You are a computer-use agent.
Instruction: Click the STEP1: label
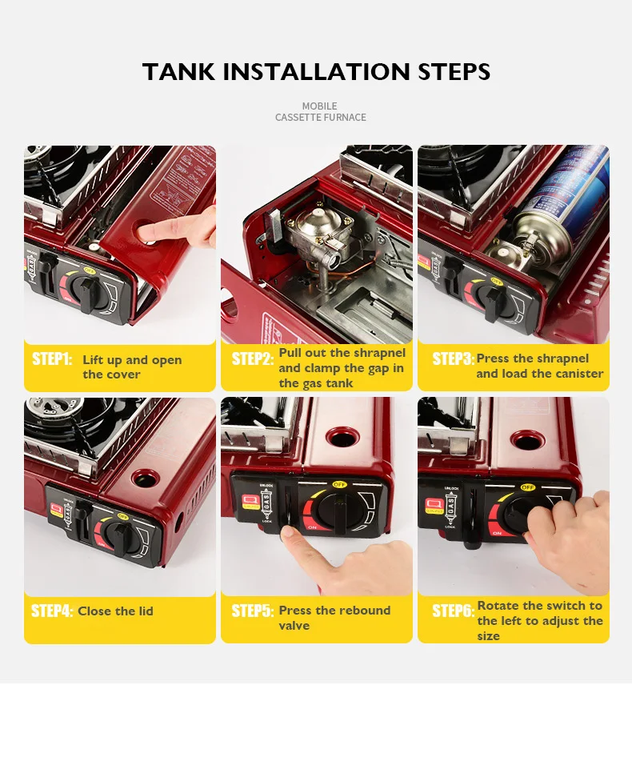tap(52, 359)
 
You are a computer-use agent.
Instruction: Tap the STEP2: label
tap(252, 359)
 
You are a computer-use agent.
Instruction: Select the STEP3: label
tap(453, 359)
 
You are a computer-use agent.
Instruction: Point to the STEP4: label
tap(52, 611)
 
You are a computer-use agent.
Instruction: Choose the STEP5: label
tap(252, 611)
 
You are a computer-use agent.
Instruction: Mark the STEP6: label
tap(453, 611)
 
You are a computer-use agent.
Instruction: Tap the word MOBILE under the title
tap(319, 106)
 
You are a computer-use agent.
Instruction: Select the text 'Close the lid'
tap(115, 611)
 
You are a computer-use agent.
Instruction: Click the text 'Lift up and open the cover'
tap(132, 367)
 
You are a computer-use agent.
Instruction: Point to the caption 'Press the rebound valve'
tap(334, 618)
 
